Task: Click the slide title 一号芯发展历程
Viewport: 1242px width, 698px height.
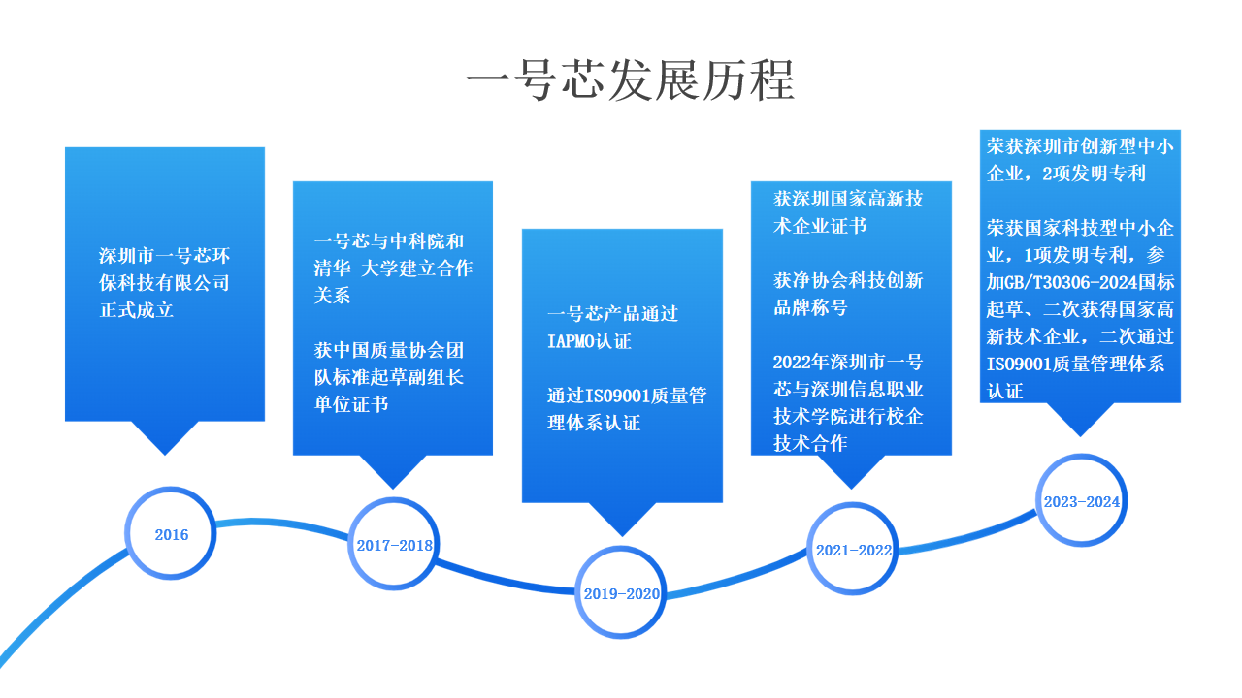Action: point(630,79)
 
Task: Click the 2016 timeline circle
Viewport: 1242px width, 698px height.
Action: point(171,534)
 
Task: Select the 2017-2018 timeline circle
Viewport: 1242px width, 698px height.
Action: point(394,545)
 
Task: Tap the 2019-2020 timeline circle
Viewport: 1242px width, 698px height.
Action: point(621,593)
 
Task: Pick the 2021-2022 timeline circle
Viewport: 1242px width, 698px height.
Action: point(853,550)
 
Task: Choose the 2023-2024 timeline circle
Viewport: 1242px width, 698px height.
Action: point(1082,501)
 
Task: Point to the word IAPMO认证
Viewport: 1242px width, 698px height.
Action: point(589,341)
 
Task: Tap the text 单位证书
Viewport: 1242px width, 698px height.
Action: point(351,404)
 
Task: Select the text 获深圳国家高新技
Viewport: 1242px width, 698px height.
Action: point(848,200)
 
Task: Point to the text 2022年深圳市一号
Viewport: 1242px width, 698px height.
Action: point(848,363)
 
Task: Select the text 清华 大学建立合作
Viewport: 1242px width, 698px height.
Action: point(393,269)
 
